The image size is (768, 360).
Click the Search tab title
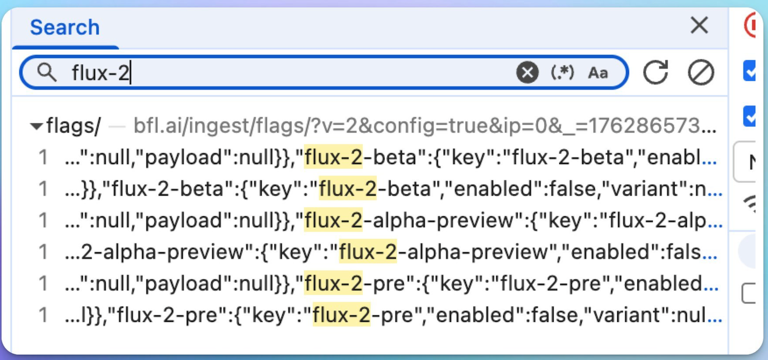65,27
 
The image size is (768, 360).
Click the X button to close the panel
699,25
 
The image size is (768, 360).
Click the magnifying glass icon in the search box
47,73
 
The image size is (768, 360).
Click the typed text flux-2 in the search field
101,73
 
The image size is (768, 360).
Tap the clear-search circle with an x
527,73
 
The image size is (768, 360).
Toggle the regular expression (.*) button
562,73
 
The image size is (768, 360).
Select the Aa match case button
598,73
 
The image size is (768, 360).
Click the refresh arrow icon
656,73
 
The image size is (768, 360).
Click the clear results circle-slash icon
701,73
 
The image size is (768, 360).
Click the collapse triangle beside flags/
36,126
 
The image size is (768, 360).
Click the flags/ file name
74,125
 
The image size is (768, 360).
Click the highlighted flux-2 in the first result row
333,157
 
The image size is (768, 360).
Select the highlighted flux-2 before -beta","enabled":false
348,189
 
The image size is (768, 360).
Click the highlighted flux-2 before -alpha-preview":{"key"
333,220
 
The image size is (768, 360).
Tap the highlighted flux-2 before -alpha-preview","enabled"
368,252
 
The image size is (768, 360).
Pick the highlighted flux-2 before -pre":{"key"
333,283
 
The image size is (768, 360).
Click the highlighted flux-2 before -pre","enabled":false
341,315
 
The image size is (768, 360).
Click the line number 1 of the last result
44,315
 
